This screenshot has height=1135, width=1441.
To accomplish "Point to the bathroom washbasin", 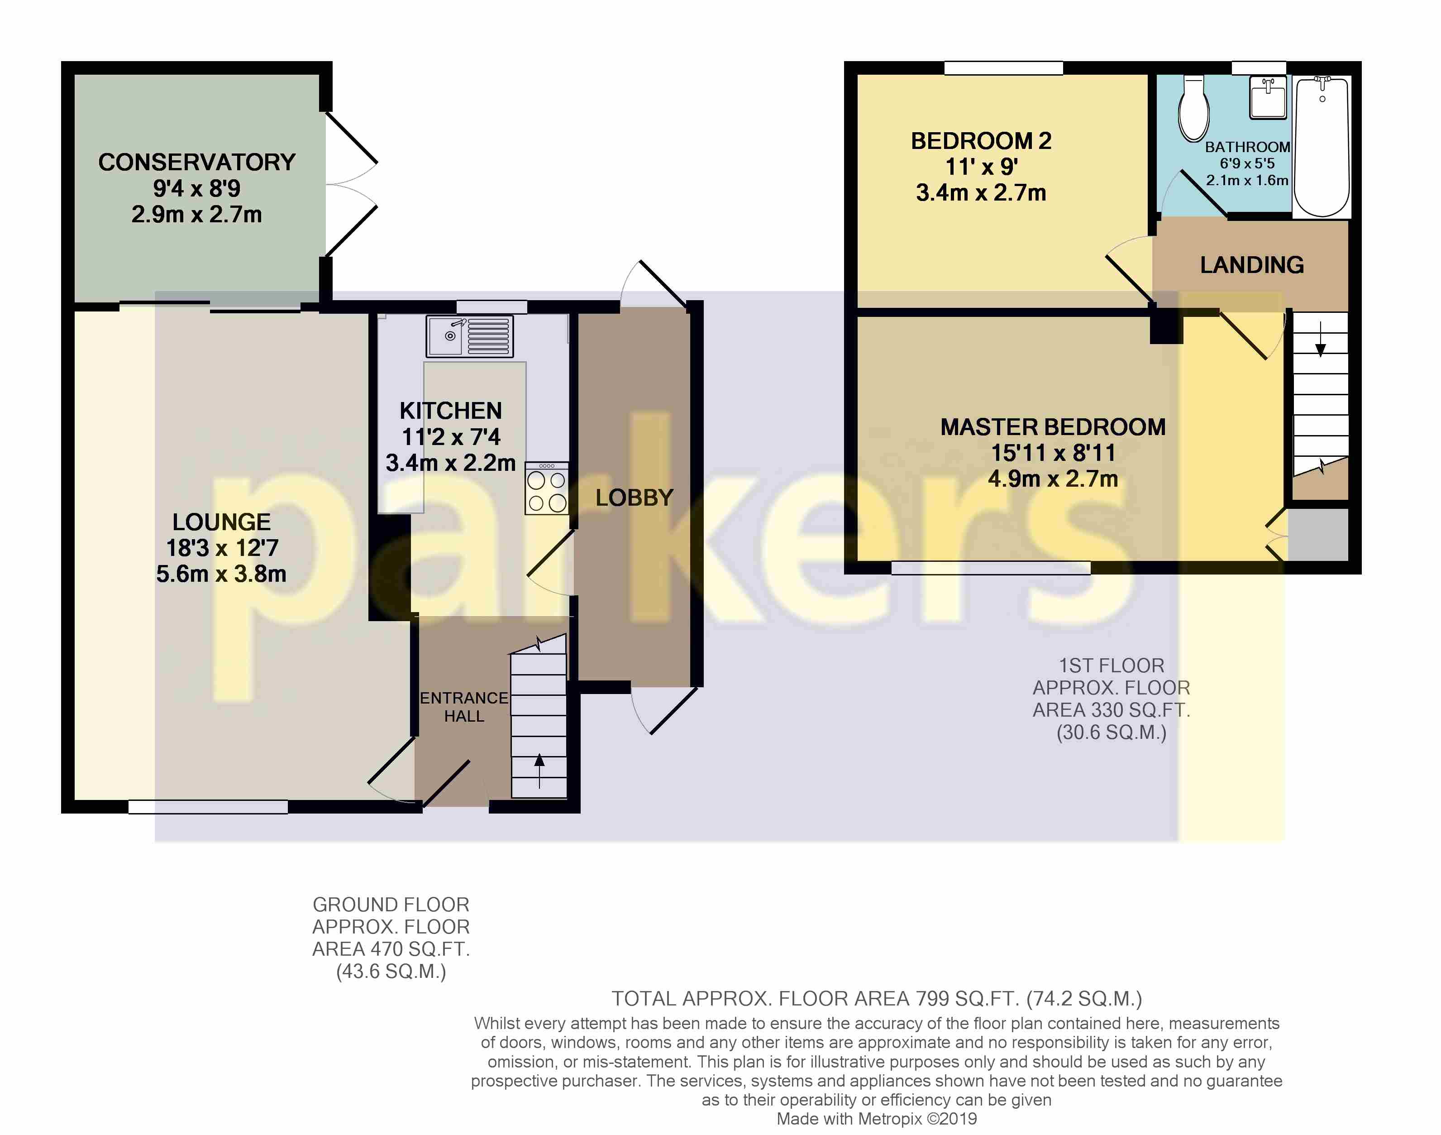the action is tap(1268, 97).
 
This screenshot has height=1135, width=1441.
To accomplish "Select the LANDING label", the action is tap(1252, 265).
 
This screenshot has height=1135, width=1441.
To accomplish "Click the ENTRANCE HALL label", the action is tap(464, 707).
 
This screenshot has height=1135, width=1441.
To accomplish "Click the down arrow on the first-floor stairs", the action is tap(1321, 339).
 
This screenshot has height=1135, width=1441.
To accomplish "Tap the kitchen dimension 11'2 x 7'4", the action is tap(451, 436).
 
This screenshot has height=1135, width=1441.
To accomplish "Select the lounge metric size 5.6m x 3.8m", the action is tap(221, 574).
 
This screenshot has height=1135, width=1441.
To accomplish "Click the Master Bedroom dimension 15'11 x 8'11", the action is tap(1053, 453).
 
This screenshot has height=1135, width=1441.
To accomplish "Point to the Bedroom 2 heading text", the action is tap(981, 141).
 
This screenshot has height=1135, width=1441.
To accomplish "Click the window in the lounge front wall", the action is tap(208, 807).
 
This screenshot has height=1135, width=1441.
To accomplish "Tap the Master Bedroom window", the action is tap(991, 568).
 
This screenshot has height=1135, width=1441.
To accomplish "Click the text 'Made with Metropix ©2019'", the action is tap(876, 1119).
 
